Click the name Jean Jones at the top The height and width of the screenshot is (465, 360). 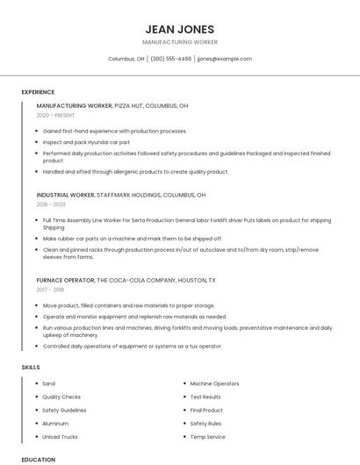pyautogui.click(x=180, y=29)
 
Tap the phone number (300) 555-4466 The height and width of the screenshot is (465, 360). pyautogui.click(x=170, y=59)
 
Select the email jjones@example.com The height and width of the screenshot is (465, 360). pyautogui.click(x=225, y=59)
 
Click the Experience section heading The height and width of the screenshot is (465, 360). pyautogui.click(x=38, y=92)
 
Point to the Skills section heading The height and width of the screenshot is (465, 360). pyautogui.click(x=31, y=366)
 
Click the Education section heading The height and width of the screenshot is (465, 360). pyautogui.click(x=39, y=459)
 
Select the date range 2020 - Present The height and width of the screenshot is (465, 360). pyautogui.click(x=55, y=115)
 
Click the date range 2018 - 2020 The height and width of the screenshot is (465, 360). pyautogui.click(x=51, y=204)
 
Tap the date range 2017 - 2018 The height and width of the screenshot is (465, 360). pyautogui.click(x=50, y=289)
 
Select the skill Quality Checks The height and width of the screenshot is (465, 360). pyautogui.click(x=61, y=397)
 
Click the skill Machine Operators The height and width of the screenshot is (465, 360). pyautogui.click(x=214, y=383)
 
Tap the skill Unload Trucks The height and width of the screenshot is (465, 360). pyautogui.click(x=60, y=436)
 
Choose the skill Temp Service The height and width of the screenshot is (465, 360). pyautogui.click(x=208, y=436)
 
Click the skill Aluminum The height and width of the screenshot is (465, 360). pyautogui.click(x=55, y=423)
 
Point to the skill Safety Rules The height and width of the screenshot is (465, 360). pyautogui.click(x=206, y=423)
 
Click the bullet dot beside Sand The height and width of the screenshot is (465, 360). pyautogui.click(x=34, y=383)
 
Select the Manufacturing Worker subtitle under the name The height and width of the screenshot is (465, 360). pyautogui.click(x=180, y=42)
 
